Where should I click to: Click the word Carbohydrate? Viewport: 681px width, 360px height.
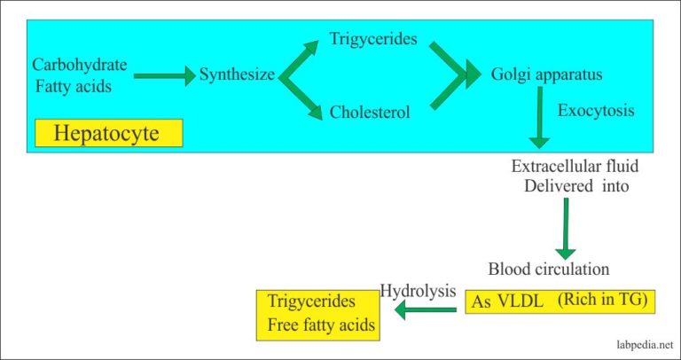coord(80,65)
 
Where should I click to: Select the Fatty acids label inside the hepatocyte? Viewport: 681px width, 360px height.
coord(74,86)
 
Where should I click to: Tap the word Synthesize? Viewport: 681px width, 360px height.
coord(237,75)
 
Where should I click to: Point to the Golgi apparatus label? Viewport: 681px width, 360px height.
coord(546,74)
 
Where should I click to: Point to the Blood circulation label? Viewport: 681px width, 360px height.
coord(548,269)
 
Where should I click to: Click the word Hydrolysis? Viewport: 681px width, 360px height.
coord(419,289)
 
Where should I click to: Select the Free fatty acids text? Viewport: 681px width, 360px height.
coord(321,325)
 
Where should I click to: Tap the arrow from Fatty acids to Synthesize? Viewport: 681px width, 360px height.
coord(163,77)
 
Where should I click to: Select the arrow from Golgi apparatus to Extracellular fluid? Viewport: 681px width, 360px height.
coord(538,120)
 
